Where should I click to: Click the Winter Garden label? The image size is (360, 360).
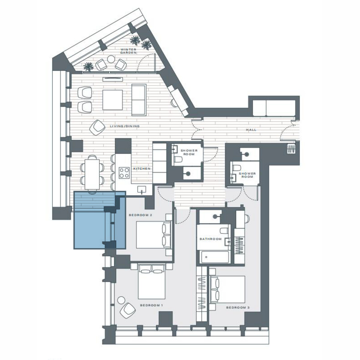pos(128,51)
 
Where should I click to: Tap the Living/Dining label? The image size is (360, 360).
pos(124,126)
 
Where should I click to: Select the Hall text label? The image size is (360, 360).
pos(251,130)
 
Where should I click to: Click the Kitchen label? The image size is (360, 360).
pos(142,169)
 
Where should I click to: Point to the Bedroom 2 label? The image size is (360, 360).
pos(140,215)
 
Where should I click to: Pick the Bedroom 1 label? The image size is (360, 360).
pos(151,305)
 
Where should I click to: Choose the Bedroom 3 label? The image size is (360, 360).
pos(238,307)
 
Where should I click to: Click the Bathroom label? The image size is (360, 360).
pos(211,239)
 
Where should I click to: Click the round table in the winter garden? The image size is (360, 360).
pos(111,59)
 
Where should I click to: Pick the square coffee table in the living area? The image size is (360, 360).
pos(113,100)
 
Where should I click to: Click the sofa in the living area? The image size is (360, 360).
pos(139,100)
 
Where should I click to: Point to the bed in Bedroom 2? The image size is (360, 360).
pos(154,235)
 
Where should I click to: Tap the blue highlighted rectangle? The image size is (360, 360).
pos(100,220)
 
